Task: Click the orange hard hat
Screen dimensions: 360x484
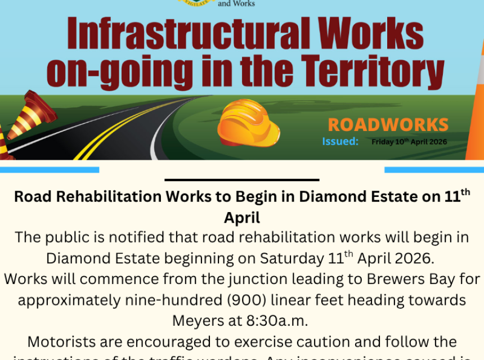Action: (x=248, y=123)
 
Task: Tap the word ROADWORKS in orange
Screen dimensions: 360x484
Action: (x=388, y=125)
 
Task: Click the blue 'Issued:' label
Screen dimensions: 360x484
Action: (x=340, y=141)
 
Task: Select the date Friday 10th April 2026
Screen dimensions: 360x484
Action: (x=409, y=142)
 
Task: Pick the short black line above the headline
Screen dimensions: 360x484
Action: (x=242, y=180)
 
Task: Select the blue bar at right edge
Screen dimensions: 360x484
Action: (x=434, y=169)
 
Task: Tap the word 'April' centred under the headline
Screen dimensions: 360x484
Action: (x=242, y=217)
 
